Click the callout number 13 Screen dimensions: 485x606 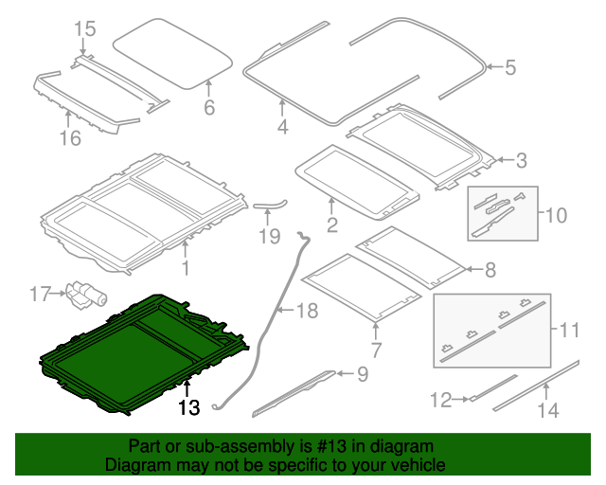tap(188, 408)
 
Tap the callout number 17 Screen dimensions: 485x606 tap(39, 295)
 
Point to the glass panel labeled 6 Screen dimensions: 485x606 tap(172, 52)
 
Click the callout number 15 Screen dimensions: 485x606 tap(85, 29)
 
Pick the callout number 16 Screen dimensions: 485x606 tap(70, 140)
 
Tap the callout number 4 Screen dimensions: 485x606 tap(282, 127)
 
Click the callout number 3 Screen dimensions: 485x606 tap(521, 160)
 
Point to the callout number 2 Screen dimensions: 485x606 tap(331, 225)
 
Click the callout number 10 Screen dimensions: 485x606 tap(556, 216)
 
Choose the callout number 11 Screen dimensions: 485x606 tap(568, 331)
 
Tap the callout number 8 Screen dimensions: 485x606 tap(490, 271)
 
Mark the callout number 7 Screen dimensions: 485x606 tap(376, 351)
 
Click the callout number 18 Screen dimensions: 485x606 tap(310, 310)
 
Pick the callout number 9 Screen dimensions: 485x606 tap(361, 375)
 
